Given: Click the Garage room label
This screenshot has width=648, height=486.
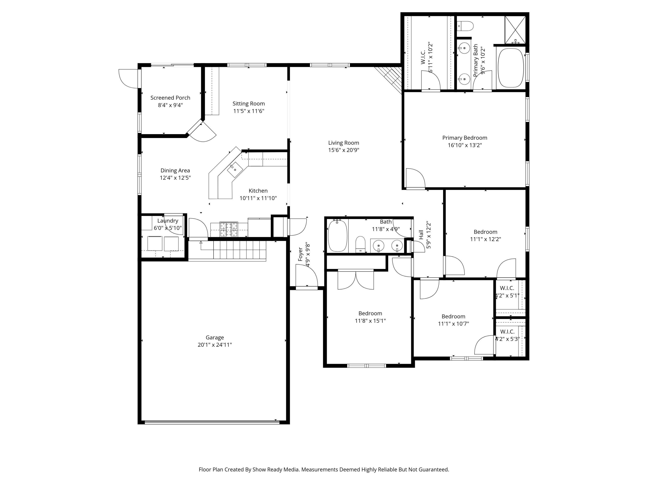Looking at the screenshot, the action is (x=215, y=337).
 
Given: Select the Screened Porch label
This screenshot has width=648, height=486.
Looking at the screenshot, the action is (x=170, y=98).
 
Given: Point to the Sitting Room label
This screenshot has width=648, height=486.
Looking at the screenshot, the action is (x=249, y=104).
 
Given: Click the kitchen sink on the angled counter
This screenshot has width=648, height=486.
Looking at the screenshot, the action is (x=235, y=170).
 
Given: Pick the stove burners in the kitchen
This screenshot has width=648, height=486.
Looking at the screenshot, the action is (x=229, y=229).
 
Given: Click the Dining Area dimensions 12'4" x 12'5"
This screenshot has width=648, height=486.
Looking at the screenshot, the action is (x=175, y=178).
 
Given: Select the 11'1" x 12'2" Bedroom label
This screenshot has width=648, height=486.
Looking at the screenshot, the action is (x=485, y=232).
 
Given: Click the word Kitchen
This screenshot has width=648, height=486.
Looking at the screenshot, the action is (x=258, y=191).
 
